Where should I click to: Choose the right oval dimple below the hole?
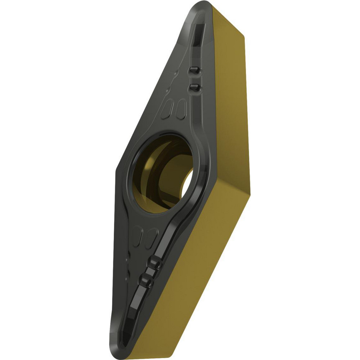(152, 235)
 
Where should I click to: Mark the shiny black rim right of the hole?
(200, 169)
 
